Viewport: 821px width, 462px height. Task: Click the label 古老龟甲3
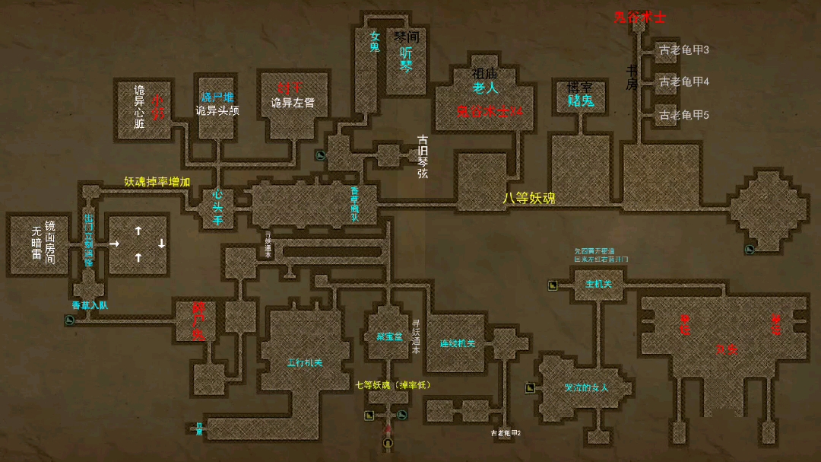[x=684, y=50]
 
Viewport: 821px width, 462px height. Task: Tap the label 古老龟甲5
[x=684, y=115]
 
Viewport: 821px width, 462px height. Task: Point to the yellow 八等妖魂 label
[x=529, y=198]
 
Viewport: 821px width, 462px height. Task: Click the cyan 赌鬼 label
[x=581, y=100]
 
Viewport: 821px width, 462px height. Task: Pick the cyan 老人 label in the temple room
[x=485, y=88]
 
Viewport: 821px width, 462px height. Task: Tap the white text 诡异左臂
[x=293, y=102]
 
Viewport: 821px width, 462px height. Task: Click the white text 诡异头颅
[x=217, y=110]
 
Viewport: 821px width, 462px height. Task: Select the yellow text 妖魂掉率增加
[x=157, y=182]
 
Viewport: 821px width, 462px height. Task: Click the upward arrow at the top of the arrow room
[x=138, y=230]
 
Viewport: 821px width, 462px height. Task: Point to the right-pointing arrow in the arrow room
[x=115, y=244]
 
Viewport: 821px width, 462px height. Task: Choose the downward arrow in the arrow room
[x=161, y=244]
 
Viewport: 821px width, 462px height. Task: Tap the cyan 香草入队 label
[x=90, y=305]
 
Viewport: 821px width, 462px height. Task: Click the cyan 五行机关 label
[x=304, y=363]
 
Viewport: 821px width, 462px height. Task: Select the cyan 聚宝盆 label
[x=389, y=336]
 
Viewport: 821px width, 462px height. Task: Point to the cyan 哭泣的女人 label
[x=586, y=387]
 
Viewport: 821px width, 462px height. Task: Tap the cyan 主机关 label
[x=598, y=284]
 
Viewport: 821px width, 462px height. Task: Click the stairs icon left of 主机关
[x=553, y=285]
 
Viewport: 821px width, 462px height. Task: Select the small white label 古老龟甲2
[x=506, y=432]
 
